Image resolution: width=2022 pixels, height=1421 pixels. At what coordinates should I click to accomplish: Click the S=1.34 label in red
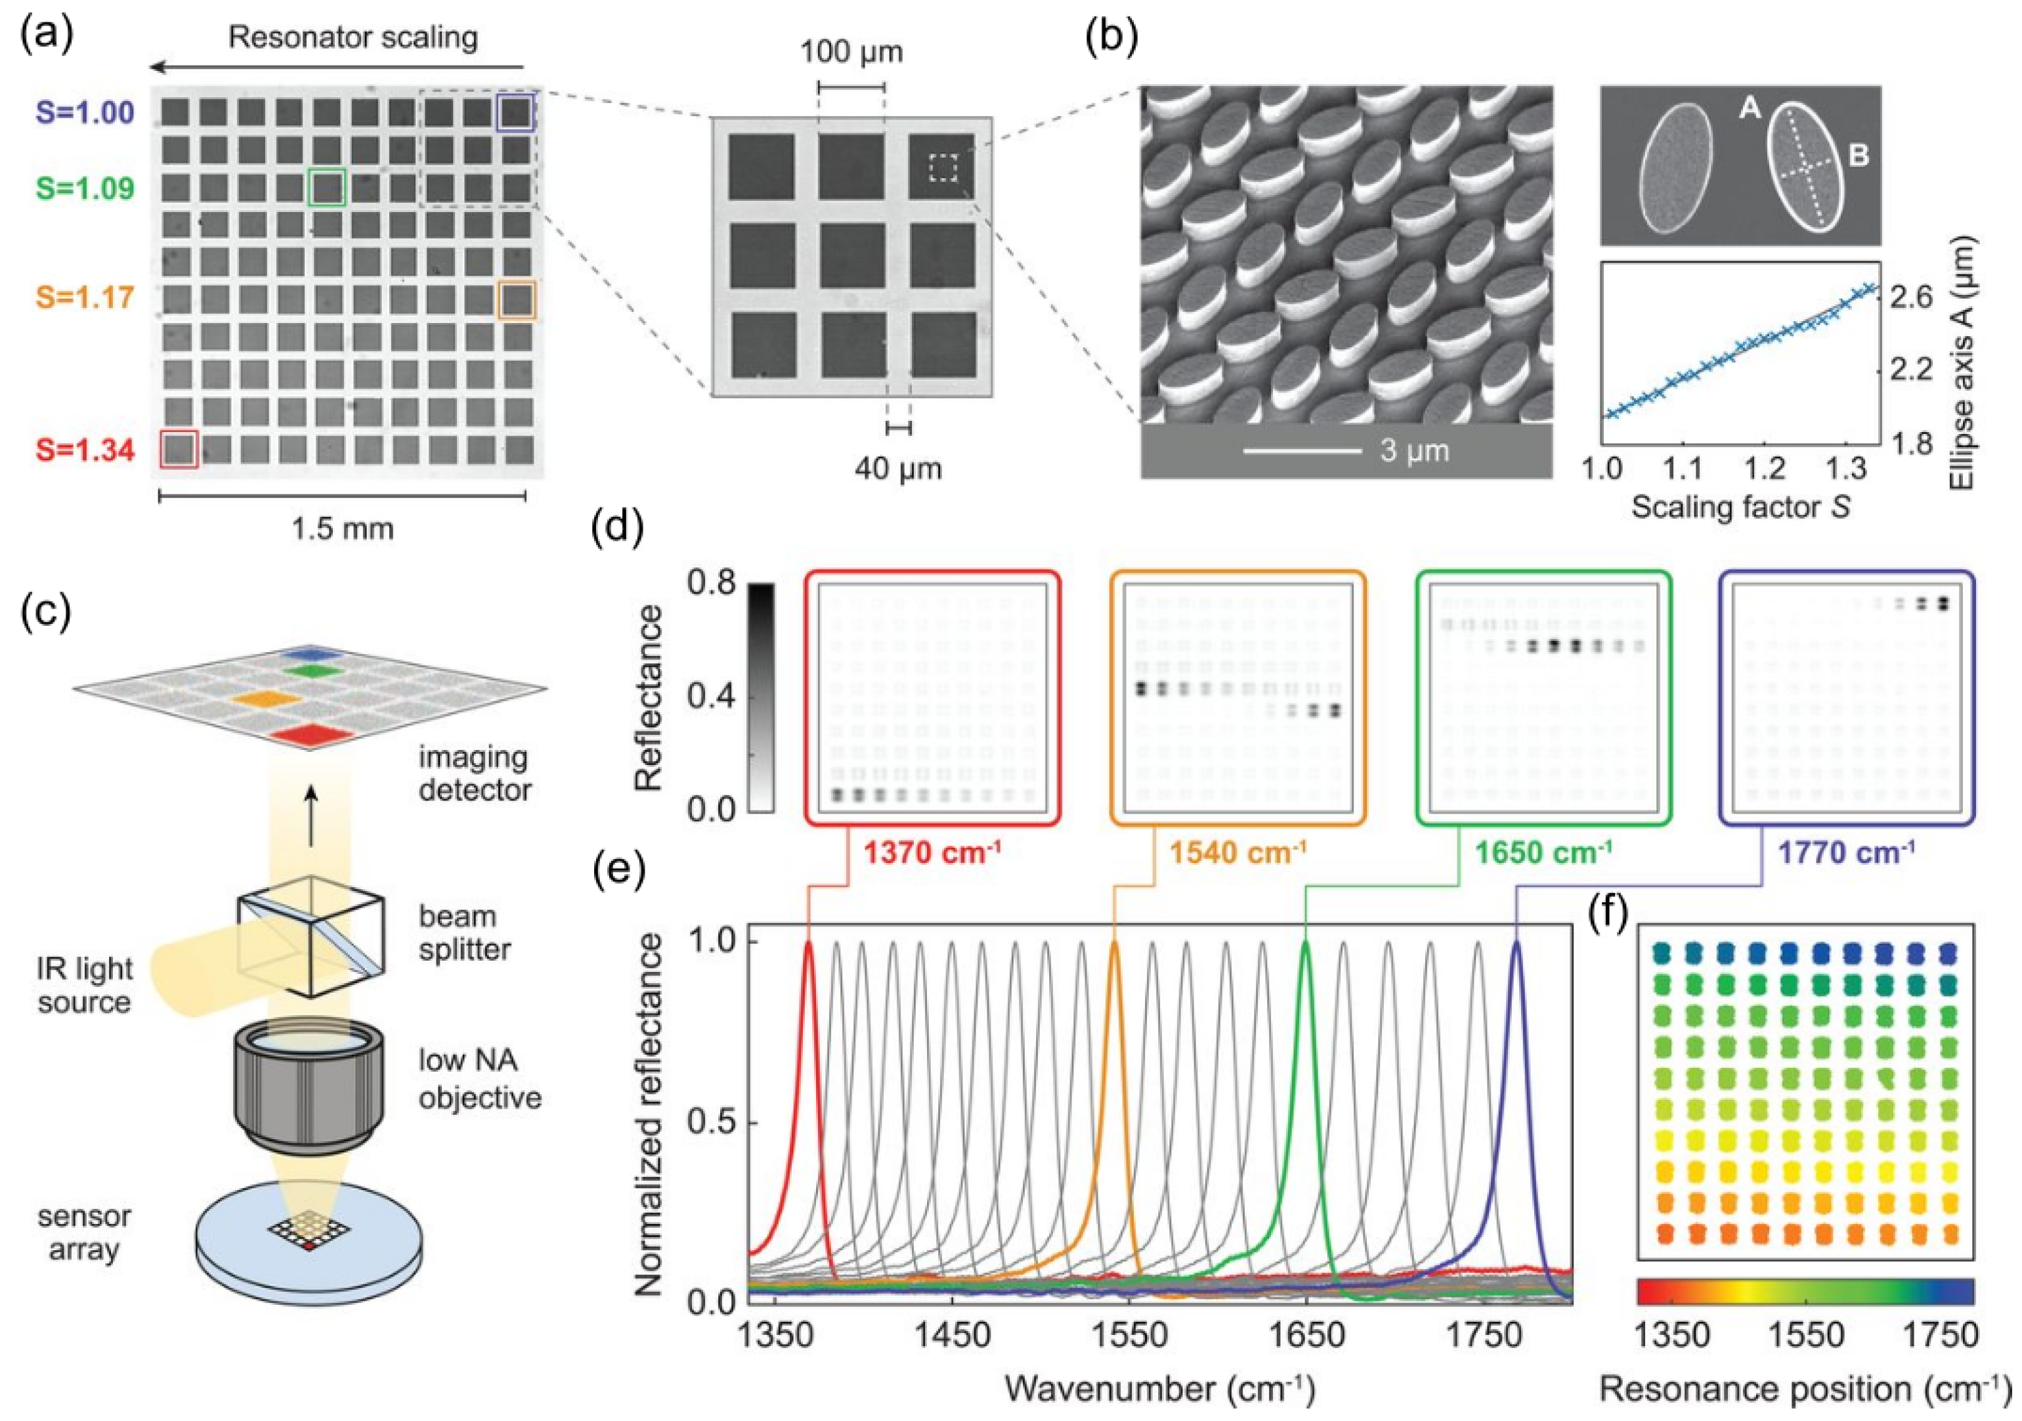click(85, 450)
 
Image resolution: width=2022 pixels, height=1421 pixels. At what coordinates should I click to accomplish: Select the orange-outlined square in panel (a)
click(516, 299)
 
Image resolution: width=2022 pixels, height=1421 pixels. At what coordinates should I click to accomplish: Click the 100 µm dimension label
click(851, 52)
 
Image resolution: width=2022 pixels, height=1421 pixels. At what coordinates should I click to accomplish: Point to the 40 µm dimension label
click(897, 469)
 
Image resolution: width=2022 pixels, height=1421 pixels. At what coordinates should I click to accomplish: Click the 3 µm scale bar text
click(1413, 451)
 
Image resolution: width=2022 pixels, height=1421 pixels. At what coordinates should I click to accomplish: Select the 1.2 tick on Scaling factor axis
click(1766, 468)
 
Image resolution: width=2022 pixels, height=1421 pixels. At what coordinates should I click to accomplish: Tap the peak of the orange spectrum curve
click(1115, 944)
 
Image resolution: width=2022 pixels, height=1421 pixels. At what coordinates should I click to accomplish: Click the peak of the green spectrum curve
click(1305, 944)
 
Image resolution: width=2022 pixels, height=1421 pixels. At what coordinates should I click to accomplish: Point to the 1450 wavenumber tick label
click(951, 1336)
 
